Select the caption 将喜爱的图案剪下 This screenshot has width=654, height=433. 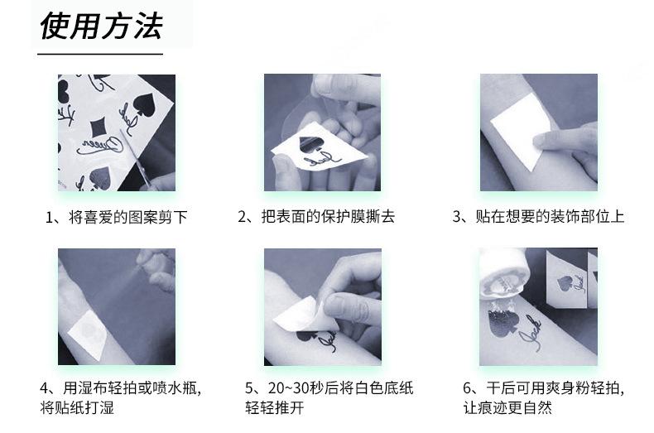(127, 218)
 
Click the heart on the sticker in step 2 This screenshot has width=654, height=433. (309, 142)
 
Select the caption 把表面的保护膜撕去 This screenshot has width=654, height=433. (328, 217)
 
